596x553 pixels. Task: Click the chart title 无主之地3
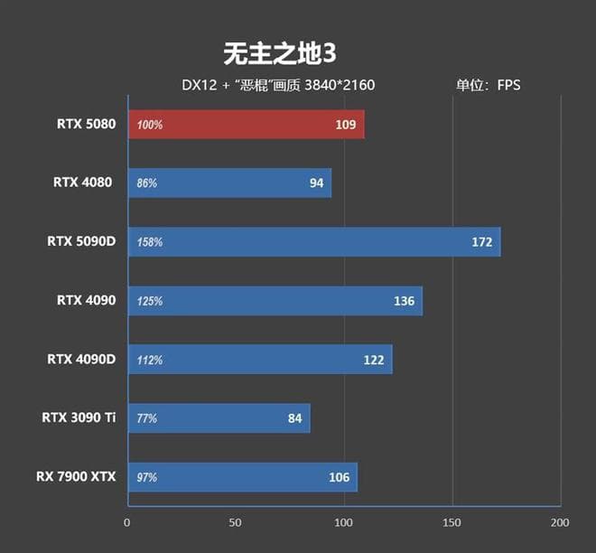tap(279, 54)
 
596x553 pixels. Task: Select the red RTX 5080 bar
tap(247, 125)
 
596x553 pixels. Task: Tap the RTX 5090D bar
tap(314, 242)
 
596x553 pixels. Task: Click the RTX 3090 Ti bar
tap(219, 417)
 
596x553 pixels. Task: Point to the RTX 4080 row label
tap(83, 183)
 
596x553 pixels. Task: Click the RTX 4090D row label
tap(81, 359)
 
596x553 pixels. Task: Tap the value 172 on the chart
tap(481, 242)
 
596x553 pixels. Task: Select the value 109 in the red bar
tap(345, 125)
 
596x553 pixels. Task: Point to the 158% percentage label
tap(150, 242)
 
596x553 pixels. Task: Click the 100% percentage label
tap(150, 125)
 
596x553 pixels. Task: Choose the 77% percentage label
tap(147, 418)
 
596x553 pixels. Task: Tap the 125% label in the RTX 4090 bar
tap(150, 301)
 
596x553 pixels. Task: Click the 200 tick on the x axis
tap(560, 522)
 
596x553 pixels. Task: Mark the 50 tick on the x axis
tap(236, 522)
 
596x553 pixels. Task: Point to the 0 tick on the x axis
tap(127, 522)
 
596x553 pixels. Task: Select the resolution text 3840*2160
tap(340, 86)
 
